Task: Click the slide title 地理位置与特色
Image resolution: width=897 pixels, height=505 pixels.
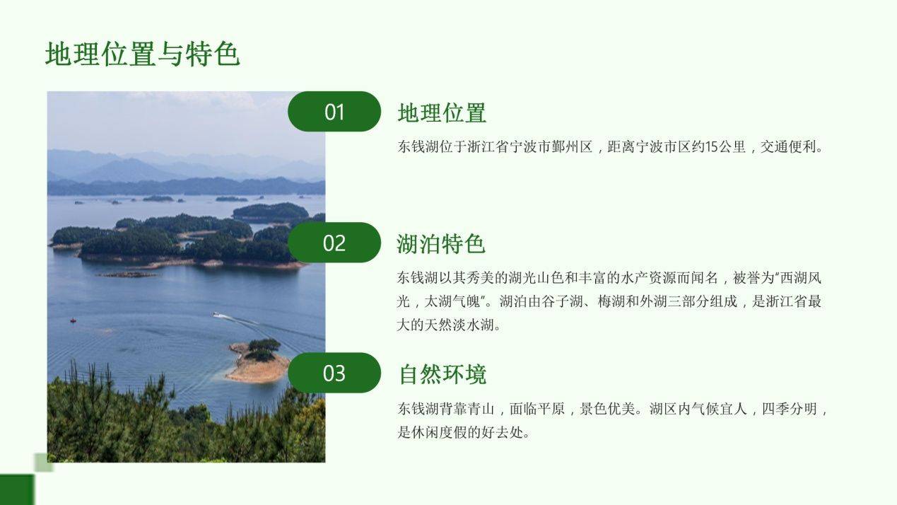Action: coord(143,54)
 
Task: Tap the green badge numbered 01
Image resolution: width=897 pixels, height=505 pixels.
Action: coord(334,112)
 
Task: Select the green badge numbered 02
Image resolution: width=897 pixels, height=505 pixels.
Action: coord(334,243)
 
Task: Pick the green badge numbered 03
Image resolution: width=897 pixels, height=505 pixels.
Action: coord(334,373)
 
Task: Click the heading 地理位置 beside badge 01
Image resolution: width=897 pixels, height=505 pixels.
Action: coord(442,112)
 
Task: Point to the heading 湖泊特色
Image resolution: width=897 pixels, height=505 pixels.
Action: coord(441,243)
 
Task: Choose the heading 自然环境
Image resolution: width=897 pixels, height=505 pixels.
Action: coord(442,374)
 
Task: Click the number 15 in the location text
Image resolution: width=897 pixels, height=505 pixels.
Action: coord(712,146)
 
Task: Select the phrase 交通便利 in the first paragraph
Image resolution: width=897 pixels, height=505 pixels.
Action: coord(788,146)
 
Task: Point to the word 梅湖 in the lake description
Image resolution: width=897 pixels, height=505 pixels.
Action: coord(611,301)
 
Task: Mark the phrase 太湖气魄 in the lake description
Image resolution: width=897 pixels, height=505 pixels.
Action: coord(452,301)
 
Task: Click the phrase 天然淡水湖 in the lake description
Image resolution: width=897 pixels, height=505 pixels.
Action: coord(459,325)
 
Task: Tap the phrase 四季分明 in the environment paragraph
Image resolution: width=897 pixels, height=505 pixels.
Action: coord(789,409)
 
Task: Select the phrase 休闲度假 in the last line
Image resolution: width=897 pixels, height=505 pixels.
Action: coord(438,432)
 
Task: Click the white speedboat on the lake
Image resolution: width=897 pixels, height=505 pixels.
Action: coord(216,315)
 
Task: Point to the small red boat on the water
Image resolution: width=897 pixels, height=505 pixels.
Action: coord(73,320)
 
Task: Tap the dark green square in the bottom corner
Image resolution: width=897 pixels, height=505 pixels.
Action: coord(17,489)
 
